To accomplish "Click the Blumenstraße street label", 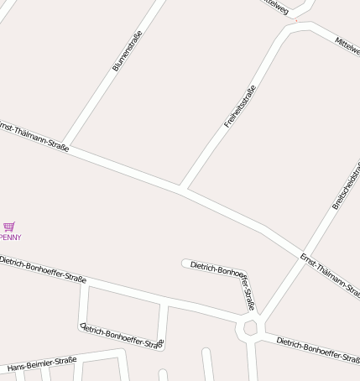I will click(128, 50).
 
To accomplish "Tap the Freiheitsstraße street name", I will click(240, 107).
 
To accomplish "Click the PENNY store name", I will click(11, 237).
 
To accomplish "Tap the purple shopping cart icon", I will click(9, 227).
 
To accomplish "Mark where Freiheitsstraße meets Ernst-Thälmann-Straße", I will click(182, 188).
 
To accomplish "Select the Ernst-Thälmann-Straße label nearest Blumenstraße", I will click(34, 134).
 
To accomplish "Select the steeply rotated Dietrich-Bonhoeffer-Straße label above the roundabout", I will click(246, 290).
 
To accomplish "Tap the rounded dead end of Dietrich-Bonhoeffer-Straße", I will click(185, 264).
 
